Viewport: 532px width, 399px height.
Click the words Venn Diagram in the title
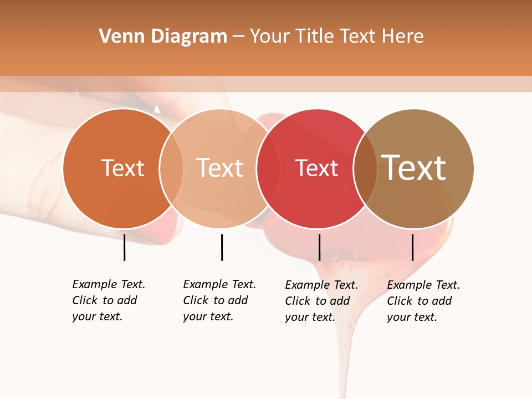[x=163, y=37]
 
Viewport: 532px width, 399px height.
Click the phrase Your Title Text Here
[x=336, y=37]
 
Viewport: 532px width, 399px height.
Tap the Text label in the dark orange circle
[x=122, y=168]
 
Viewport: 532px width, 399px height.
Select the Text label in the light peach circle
[x=220, y=168]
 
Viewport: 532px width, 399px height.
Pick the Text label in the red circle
[x=316, y=168]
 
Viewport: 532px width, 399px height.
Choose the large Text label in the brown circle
[x=414, y=167]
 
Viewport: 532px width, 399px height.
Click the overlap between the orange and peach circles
[x=171, y=168]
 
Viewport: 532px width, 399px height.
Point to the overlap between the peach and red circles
[x=268, y=168]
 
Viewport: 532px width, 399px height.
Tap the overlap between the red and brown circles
[x=365, y=168]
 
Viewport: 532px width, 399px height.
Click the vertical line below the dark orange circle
[x=124, y=247]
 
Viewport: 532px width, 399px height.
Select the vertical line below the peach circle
[x=222, y=247]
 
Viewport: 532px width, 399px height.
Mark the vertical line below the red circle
[x=319, y=247]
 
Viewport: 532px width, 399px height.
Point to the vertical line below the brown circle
[x=412, y=247]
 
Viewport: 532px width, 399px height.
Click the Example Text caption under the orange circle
[x=109, y=300]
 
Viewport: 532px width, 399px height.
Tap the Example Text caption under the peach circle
[x=219, y=300]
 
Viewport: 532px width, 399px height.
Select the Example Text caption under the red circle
[x=321, y=301]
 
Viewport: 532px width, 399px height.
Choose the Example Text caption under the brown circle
[x=423, y=301]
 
